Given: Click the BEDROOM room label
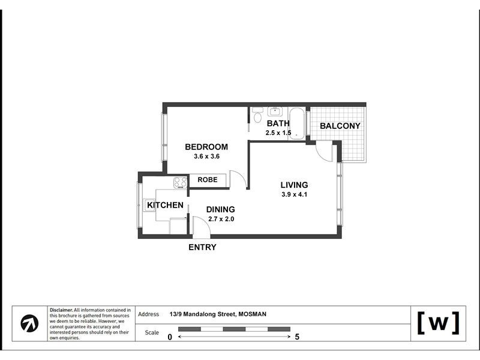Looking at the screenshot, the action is click(x=206, y=147).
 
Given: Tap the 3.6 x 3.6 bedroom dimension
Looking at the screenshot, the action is click(x=206, y=157).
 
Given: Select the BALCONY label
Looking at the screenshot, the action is click(x=340, y=126).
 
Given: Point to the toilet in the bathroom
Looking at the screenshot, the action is click(x=258, y=115).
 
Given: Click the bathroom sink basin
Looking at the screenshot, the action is click(x=275, y=112).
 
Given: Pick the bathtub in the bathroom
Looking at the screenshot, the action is click(x=297, y=124).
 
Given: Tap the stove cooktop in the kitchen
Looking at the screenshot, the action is click(x=181, y=183).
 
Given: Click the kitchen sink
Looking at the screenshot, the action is click(x=149, y=205).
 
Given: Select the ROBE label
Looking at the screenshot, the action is click(x=208, y=179).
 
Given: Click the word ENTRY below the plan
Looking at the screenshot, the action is click(x=202, y=247).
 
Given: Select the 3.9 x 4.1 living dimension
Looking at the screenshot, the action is click(x=294, y=194).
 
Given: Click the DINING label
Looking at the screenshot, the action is click(x=220, y=209).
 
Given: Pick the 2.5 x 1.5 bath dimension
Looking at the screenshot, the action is click(x=278, y=133).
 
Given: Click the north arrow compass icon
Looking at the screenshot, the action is click(x=29, y=323).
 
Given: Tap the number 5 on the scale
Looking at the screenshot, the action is click(x=297, y=337).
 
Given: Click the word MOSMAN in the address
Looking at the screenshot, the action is click(x=253, y=314).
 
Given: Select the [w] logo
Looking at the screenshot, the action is click(x=439, y=323).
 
